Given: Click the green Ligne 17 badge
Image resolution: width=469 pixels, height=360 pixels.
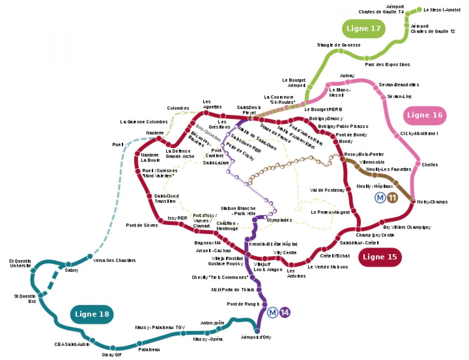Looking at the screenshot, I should (363, 29).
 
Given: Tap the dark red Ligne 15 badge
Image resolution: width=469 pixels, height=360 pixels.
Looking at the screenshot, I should (379, 257).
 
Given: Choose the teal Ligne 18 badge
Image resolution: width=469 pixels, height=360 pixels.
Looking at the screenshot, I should (92, 314).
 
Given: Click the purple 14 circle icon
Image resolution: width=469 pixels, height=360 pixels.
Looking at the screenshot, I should (285, 313).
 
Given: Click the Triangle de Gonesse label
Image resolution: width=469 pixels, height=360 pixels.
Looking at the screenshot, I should (338, 45).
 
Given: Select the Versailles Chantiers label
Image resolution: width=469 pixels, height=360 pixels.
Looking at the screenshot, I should (115, 260).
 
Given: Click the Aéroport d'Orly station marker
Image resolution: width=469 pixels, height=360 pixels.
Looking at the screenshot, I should (257, 331).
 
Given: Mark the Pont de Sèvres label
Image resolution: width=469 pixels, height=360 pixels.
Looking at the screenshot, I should (142, 225).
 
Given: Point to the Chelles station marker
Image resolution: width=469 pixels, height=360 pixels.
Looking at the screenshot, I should (418, 164).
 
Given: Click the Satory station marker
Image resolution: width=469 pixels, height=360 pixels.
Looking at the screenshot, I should (68, 264).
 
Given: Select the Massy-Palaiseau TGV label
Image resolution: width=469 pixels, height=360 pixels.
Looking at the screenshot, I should (160, 327).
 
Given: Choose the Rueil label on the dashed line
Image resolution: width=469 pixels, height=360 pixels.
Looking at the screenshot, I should (118, 144).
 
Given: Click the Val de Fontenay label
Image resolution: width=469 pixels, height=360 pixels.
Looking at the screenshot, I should (327, 190).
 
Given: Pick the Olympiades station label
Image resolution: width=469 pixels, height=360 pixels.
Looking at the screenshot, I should (279, 220).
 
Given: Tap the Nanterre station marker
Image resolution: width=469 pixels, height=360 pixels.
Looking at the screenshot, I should (159, 139).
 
